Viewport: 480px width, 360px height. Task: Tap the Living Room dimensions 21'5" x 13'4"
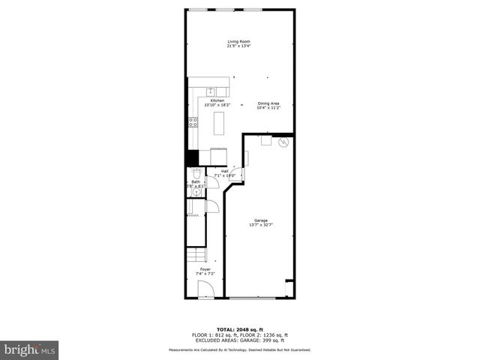(239, 46)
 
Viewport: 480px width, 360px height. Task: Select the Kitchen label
(217, 100)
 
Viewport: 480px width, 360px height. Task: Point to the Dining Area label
(268, 103)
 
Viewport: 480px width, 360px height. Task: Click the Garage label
(260, 220)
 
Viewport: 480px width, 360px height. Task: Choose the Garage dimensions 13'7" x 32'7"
(260, 225)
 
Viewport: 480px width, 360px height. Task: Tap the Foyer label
(205, 268)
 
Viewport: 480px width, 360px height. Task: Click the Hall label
(224, 171)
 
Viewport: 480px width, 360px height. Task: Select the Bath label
(196, 181)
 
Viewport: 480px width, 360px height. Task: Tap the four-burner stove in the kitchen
(193, 123)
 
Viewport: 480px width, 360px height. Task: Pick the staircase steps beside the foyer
(195, 253)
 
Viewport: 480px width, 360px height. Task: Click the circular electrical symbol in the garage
(283, 142)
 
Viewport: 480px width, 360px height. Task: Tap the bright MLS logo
(28, 349)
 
